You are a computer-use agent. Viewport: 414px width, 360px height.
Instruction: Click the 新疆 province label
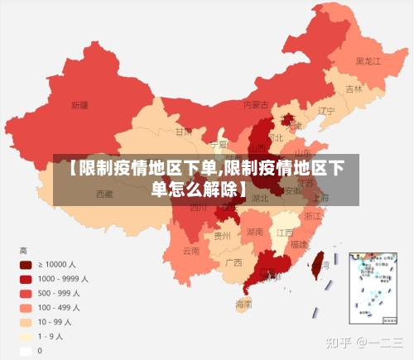79,105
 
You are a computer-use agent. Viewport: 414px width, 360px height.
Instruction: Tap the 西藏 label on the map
104,194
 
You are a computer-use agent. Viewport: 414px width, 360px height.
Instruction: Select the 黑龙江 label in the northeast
368,61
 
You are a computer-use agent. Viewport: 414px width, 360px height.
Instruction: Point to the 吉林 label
354,89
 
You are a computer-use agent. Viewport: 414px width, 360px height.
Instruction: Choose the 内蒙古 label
256,105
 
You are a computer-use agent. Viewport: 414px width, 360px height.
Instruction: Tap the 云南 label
191,250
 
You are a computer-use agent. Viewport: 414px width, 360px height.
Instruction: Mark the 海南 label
243,304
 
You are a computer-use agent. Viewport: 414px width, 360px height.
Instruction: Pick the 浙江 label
313,215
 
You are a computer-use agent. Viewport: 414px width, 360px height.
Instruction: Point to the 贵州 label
222,235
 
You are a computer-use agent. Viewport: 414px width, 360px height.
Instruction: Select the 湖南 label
255,233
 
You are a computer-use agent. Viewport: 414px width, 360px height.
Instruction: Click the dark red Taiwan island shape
315,263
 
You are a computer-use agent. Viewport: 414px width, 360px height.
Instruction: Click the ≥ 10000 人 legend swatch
26,265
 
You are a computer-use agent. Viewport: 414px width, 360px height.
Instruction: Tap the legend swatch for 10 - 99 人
26,322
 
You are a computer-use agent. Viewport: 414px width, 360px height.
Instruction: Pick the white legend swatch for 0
26,350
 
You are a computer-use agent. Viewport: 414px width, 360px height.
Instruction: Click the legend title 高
23,250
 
